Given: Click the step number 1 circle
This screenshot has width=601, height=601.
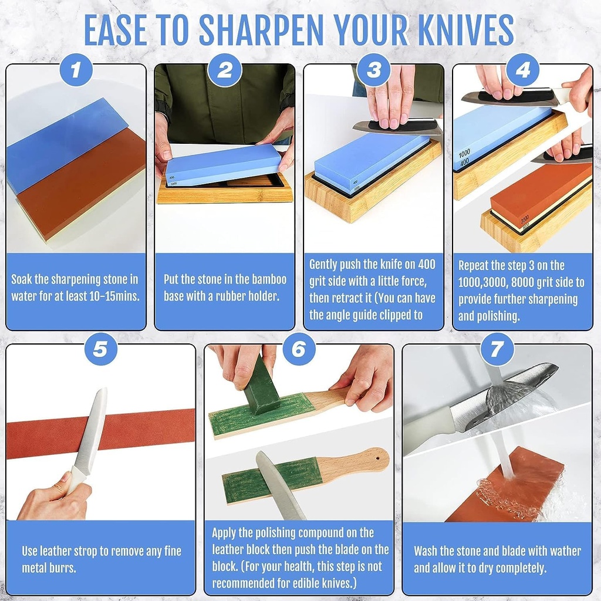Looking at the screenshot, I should tap(76, 71).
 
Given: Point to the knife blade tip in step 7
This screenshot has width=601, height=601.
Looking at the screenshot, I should tap(552, 369).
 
